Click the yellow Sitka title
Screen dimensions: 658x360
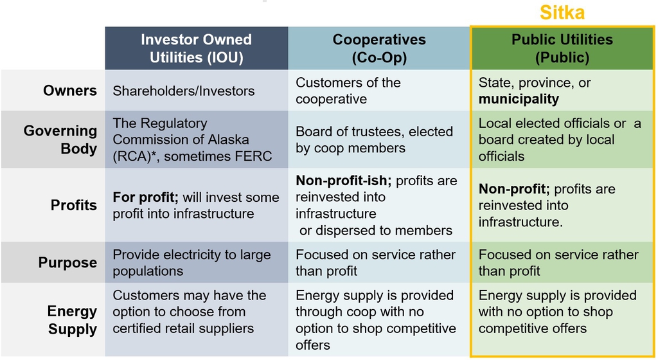pyautogui.click(x=562, y=12)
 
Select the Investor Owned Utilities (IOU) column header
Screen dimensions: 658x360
pyautogui.click(x=197, y=48)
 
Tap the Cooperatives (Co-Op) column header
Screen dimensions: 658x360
pyautogui.click(x=379, y=48)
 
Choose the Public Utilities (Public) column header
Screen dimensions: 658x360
pyautogui.click(x=562, y=48)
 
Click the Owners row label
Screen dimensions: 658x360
pyautogui.click(x=69, y=91)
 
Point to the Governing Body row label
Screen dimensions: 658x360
pyautogui.click(x=60, y=139)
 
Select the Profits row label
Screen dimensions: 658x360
pyautogui.click(x=73, y=205)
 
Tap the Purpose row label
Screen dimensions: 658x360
pyautogui.click(x=67, y=262)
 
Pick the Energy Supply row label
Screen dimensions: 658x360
pyautogui.click(x=72, y=320)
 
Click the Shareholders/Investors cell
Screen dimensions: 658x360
pyautogui.click(x=183, y=91)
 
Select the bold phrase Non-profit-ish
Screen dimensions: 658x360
pyautogui.click(x=343, y=181)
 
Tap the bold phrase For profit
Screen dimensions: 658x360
pyautogui.click(x=146, y=197)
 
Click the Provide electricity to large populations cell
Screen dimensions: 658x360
pyautogui.click(x=191, y=263)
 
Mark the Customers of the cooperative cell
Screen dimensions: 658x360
pyautogui.click(x=348, y=91)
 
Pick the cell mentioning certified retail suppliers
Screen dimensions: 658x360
pyautogui.click(x=190, y=312)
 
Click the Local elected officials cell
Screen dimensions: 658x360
pyautogui.click(x=560, y=139)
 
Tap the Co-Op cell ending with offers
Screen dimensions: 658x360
pyautogui.click(x=375, y=320)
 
